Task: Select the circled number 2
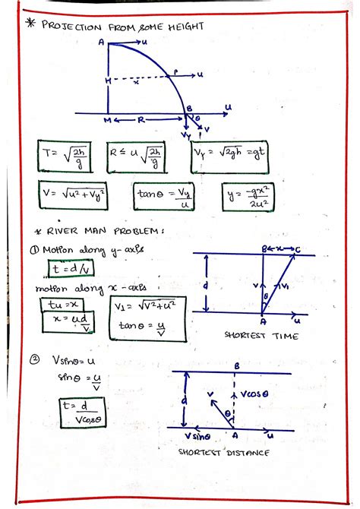point(34,363)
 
